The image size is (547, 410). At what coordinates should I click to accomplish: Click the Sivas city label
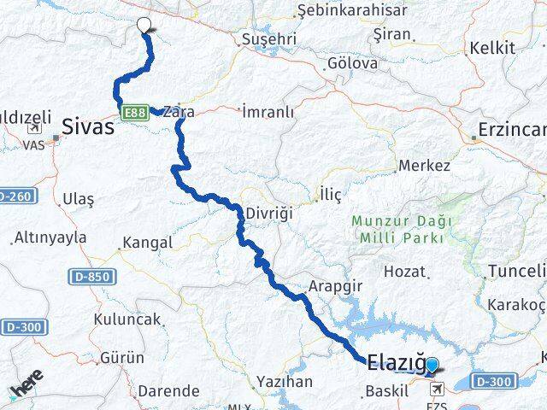coord(86,128)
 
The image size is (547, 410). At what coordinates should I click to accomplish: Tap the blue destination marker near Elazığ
coord(432,366)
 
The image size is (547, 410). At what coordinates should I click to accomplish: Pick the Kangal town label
coord(148,243)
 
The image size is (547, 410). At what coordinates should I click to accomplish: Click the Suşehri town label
coord(269,39)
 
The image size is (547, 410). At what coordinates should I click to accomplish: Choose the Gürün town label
coord(121,357)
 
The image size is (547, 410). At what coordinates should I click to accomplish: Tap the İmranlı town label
coord(268,112)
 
